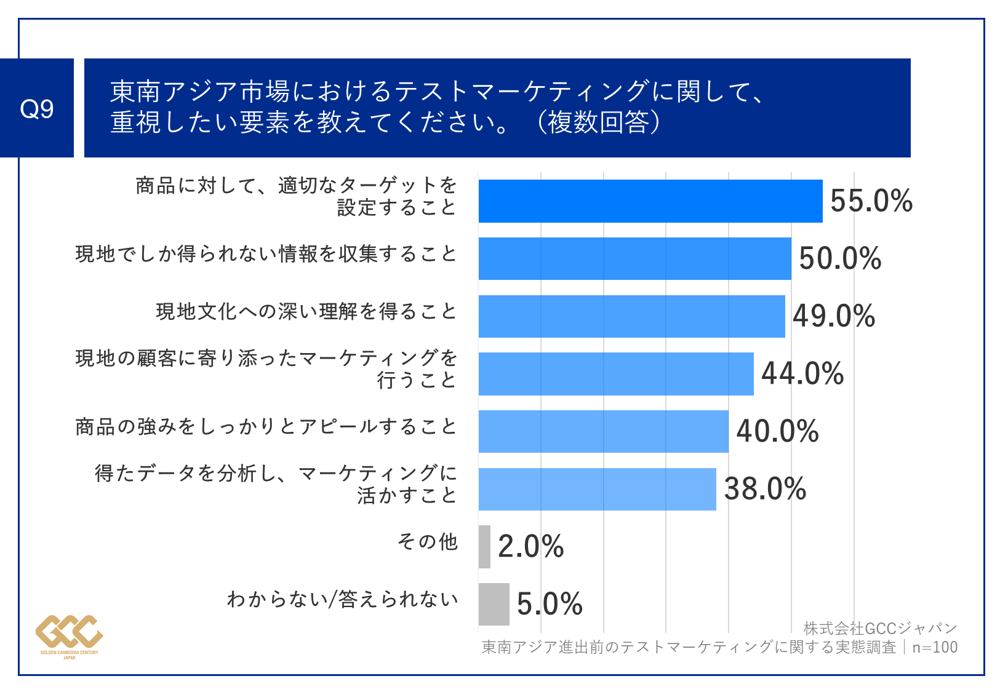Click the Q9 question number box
pos(37,108)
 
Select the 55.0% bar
pos(650,201)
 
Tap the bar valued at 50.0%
pos(634,258)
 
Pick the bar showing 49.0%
pos(631,316)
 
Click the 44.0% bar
pos(615,374)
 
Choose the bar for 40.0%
pos(603,431)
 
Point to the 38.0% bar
pos(597,489)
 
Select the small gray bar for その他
pos(484,547)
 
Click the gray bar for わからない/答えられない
pos(494,604)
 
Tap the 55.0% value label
pos(871,201)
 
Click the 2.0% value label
pos(530,547)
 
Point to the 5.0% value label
pos(550,604)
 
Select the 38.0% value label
pos(765,489)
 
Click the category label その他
pos(428,541)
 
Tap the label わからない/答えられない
pos(342,599)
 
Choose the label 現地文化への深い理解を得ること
pos(306,311)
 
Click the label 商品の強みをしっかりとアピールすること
pos(266,426)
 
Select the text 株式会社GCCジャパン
pos(880,628)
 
